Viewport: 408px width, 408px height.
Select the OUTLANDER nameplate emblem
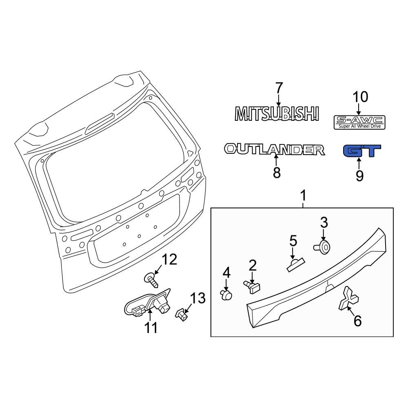[274, 150]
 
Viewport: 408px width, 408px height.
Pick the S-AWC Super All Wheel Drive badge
[359, 122]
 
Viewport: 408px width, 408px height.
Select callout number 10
[360, 97]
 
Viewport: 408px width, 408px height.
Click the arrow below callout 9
[359, 163]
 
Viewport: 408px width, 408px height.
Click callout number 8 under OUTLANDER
[277, 173]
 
